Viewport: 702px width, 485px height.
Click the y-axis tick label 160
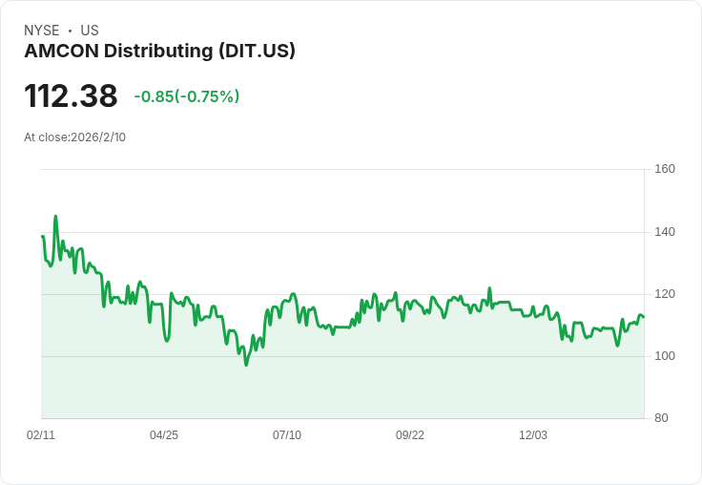click(x=665, y=169)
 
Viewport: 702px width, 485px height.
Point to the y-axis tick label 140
click(x=665, y=231)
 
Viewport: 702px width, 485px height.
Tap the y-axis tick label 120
click(x=665, y=294)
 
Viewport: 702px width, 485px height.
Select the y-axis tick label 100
click(x=665, y=356)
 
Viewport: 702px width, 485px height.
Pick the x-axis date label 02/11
click(x=41, y=435)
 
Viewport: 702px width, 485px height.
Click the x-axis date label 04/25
click(x=164, y=435)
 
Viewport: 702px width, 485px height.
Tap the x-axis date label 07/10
click(x=287, y=435)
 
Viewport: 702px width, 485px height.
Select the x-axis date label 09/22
click(x=410, y=435)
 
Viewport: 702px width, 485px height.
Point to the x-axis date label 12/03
click(x=533, y=435)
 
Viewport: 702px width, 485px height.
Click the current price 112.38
click(x=71, y=96)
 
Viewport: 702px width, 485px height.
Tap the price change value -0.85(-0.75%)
click(x=187, y=96)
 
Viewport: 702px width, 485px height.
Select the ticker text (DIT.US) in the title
click(x=258, y=51)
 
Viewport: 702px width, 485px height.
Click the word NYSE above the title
click(x=42, y=31)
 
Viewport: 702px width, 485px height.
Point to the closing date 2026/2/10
click(x=98, y=137)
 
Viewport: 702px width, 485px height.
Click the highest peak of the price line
click(x=55, y=217)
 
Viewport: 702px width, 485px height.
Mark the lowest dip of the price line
click(x=246, y=365)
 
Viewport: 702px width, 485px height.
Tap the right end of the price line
click(x=644, y=317)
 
